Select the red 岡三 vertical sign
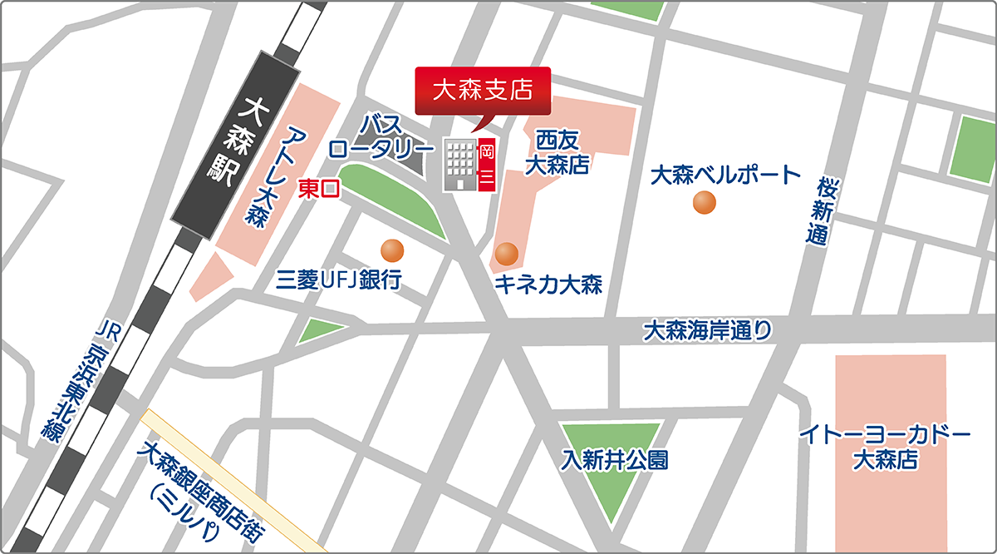tap(487, 164)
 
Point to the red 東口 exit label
tap(318, 189)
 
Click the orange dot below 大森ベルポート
tap(705, 202)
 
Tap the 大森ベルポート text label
tap(724, 176)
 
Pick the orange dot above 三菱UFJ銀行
tap(391, 250)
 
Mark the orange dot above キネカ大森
tap(506, 253)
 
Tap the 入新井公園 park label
tap(614, 460)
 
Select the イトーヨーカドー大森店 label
tap(884, 447)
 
